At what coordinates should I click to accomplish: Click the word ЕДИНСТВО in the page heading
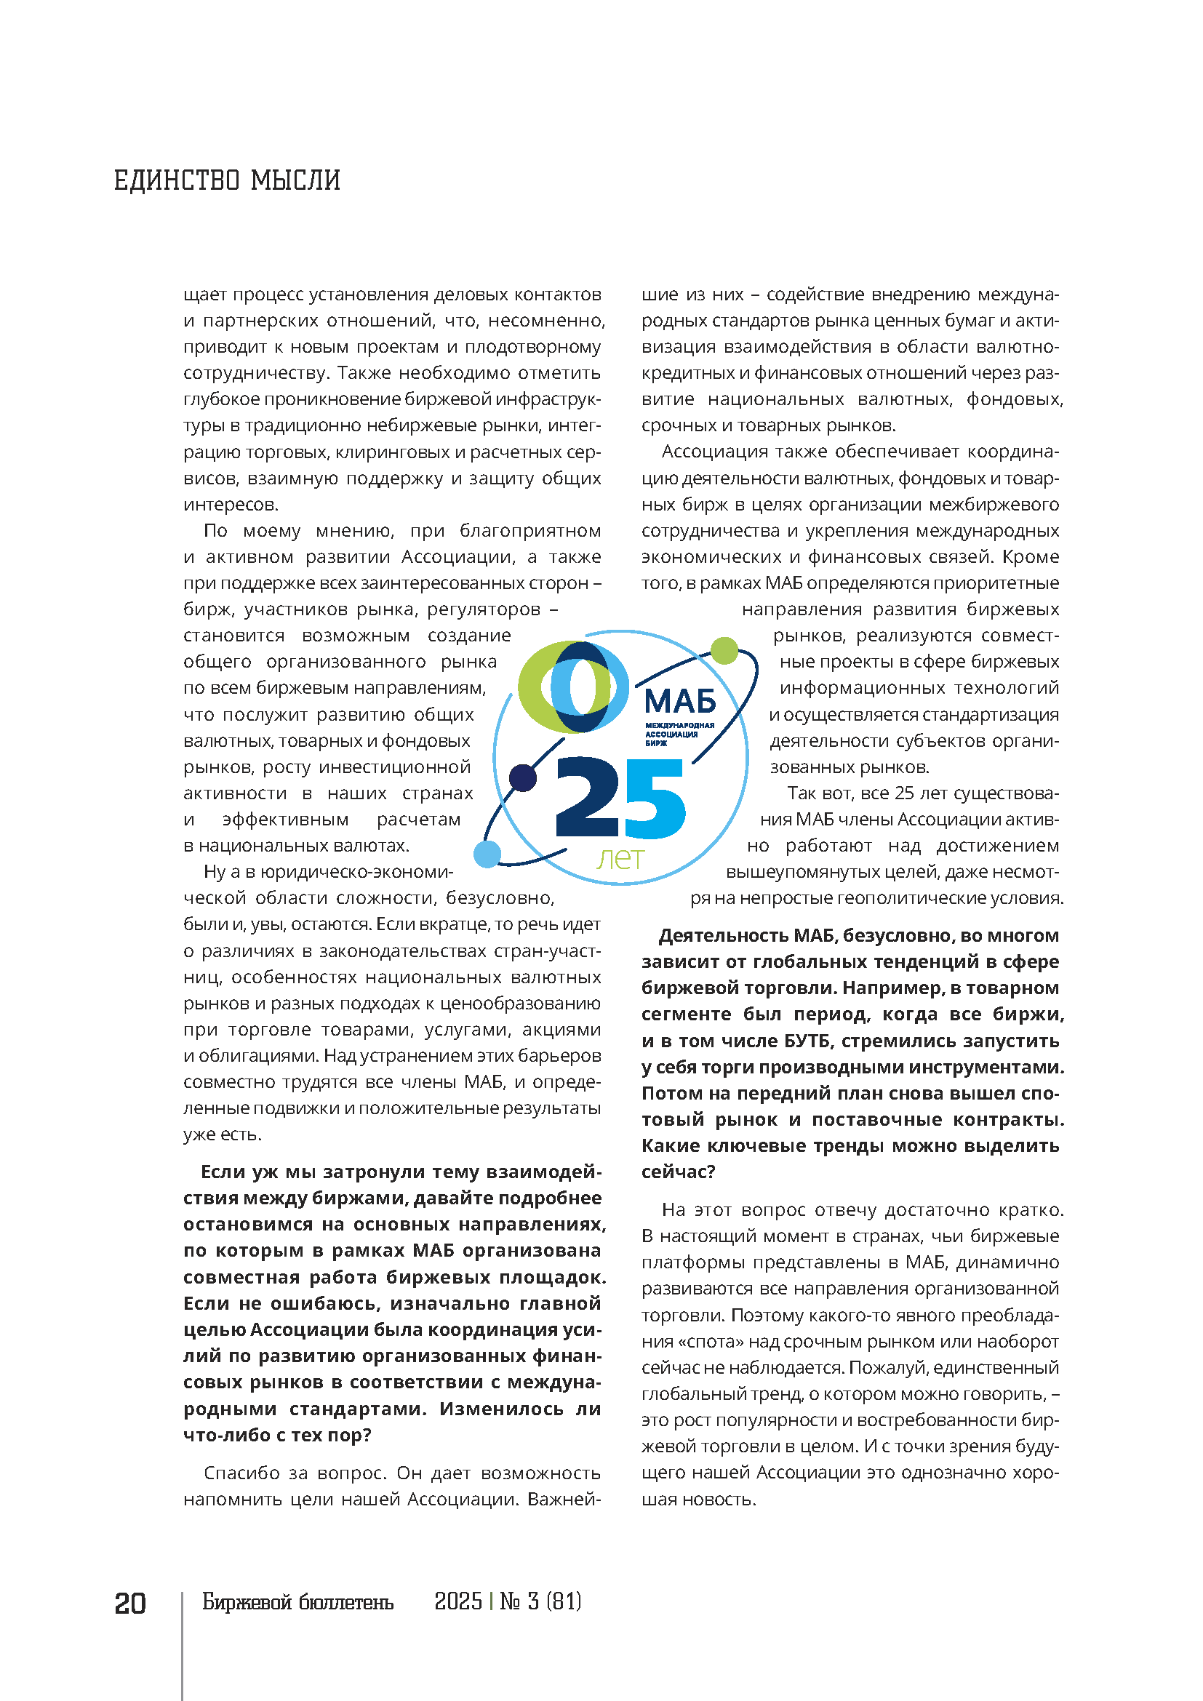pyautogui.click(x=176, y=180)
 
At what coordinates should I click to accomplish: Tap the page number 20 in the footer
pyautogui.click(x=129, y=1603)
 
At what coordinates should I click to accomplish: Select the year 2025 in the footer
pyautogui.click(x=457, y=1601)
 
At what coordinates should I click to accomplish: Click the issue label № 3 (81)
pyautogui.click(x=540, y=1601)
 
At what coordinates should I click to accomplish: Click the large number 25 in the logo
pyautogui.click(x=620, y=799)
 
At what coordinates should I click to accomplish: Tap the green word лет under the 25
pyautogui.click(x=620, y=858)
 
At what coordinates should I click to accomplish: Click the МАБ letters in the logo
pyautogui.click(x=680, y=701)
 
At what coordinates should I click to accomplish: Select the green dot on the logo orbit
pyautogui.click(x=724, y=650)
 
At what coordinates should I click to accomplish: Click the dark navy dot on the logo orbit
pyautogui.click(x=524, y=777)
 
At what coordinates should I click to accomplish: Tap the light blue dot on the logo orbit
pyautogui.click(x=487, y=854)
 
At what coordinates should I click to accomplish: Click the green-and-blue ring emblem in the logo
pyautogui.click(x=572, y=686)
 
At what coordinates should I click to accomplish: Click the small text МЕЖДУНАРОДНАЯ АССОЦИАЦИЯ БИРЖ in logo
pyautogui.click(x=679, y=734)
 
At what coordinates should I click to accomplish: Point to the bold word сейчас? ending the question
pyautogui.click(x=678, y=1172)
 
